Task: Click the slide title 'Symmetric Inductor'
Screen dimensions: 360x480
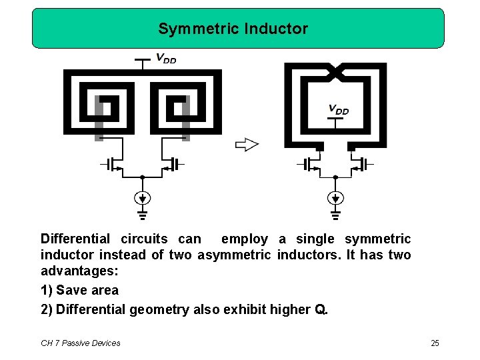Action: [x=233, y=29]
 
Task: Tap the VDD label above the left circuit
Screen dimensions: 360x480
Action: [x=165, y=59]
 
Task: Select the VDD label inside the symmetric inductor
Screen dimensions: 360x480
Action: [x=338, y=110]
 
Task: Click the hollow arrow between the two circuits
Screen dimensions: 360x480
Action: [x=247, y=144]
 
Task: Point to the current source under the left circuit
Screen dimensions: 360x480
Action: [x=142, y=197]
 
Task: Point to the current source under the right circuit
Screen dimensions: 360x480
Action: [x=335, y=197]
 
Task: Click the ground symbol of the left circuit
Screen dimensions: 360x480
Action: [x=142, y=215]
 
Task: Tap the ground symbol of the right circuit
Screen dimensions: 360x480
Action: [x=335, y=215]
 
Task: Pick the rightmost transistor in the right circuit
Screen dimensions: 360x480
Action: [x=361, y=163]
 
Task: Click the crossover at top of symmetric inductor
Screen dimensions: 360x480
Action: [x=335, y=69]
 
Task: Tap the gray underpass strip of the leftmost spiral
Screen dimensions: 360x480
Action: [x=99, y=119]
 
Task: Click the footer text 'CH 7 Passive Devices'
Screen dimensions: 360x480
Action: [x=81, y=343]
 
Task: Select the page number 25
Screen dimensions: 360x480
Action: [x=435, y=343]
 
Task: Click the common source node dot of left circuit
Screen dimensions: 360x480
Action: [x=142, y=177]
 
